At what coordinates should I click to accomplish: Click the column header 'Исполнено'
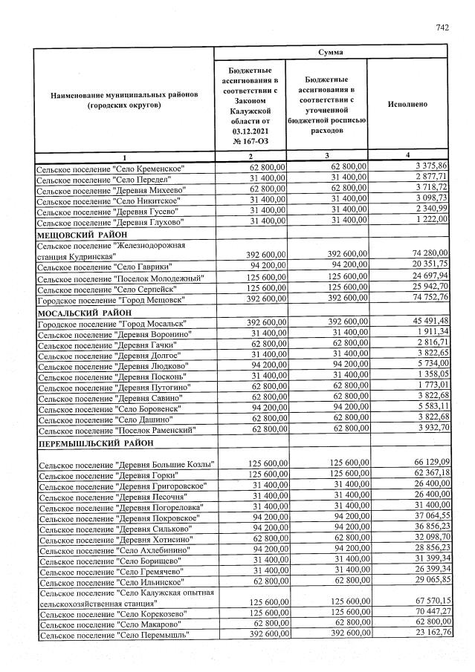(x=407, y=105)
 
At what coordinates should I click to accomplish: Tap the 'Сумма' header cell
(x=331, y=53)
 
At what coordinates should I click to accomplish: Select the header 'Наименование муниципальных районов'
(x=124, y=100)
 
